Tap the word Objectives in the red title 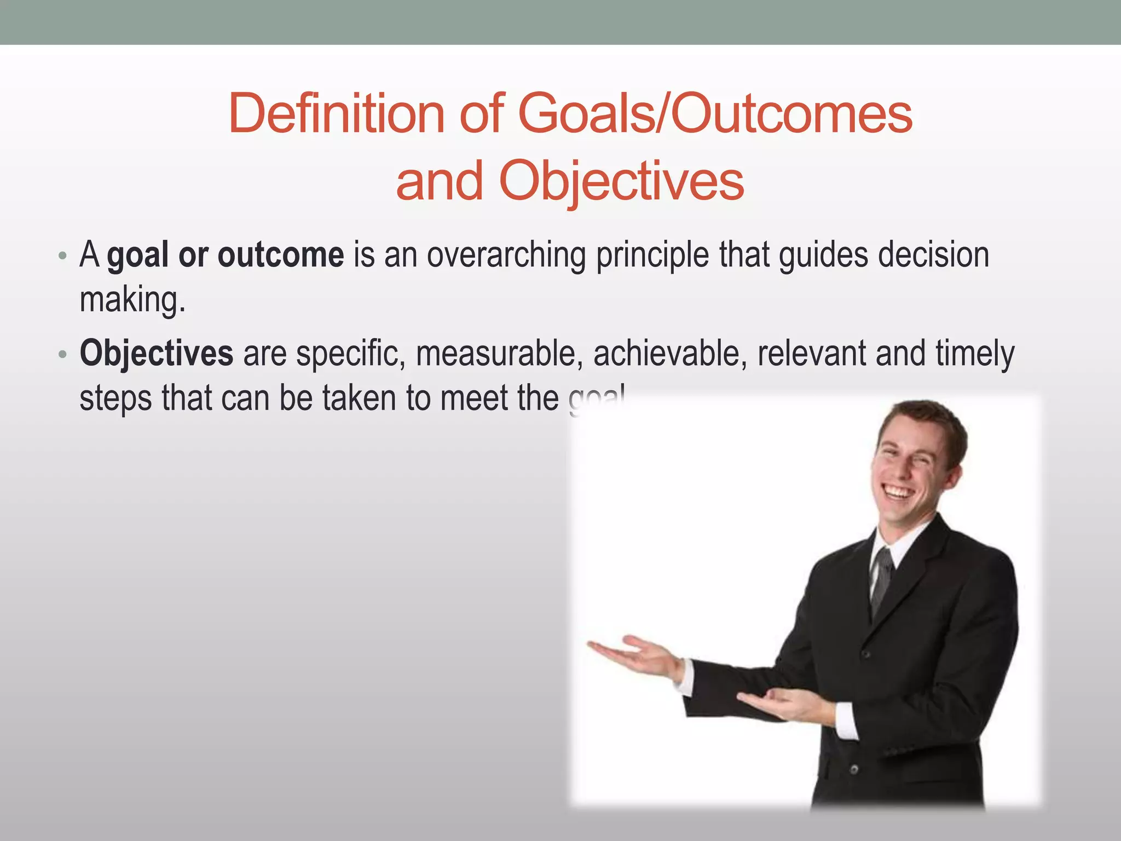pyautogui.click(x=621, y=181)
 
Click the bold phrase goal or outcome pyautogui.click(x=226, y=255)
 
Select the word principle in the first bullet pyautogui.click(x=652, y=255)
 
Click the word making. pyautogui.click(x=132, y=300)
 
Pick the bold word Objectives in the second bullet pyautogui.click(x=157, y=353)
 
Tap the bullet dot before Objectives pyautogui.click(x=62, y=355)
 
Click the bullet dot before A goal pyautogui.click(x=62, y=256)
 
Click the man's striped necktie pyautogui.click(x=882, y=580)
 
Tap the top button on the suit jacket pyautogui.click(x=865, y=654)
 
